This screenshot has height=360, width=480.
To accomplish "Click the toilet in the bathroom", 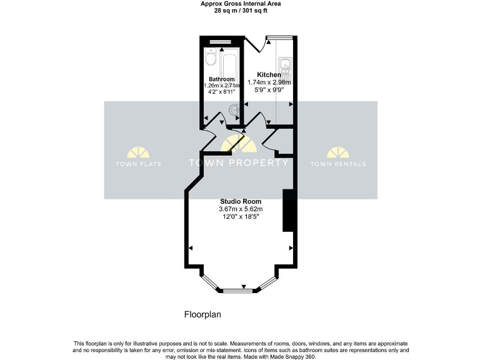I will (x=211, y=59).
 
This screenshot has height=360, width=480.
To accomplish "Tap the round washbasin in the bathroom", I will (x=236, y=110).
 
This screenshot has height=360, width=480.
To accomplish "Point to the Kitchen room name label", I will (x=269, y=74).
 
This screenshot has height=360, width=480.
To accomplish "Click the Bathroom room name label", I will (x=221, y=79).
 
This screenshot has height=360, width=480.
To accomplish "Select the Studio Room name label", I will (x=241, y=201).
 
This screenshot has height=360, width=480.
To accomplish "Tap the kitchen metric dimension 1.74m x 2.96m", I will (x=269, y=82).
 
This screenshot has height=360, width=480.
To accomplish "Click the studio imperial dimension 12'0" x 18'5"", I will (x=241, y=216).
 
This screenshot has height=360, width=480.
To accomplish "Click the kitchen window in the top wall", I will (x=280, y=37).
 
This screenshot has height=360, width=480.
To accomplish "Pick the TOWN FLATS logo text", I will (x=138, y=164).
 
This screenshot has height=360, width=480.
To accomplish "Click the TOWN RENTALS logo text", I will (x=338, y=164).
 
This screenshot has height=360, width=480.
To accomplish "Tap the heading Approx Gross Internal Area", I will (x=240, y=4).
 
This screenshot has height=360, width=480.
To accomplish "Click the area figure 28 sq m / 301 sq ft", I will (x=240, y=11).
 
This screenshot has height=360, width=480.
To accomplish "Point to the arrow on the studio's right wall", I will (x=291, y=248).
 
